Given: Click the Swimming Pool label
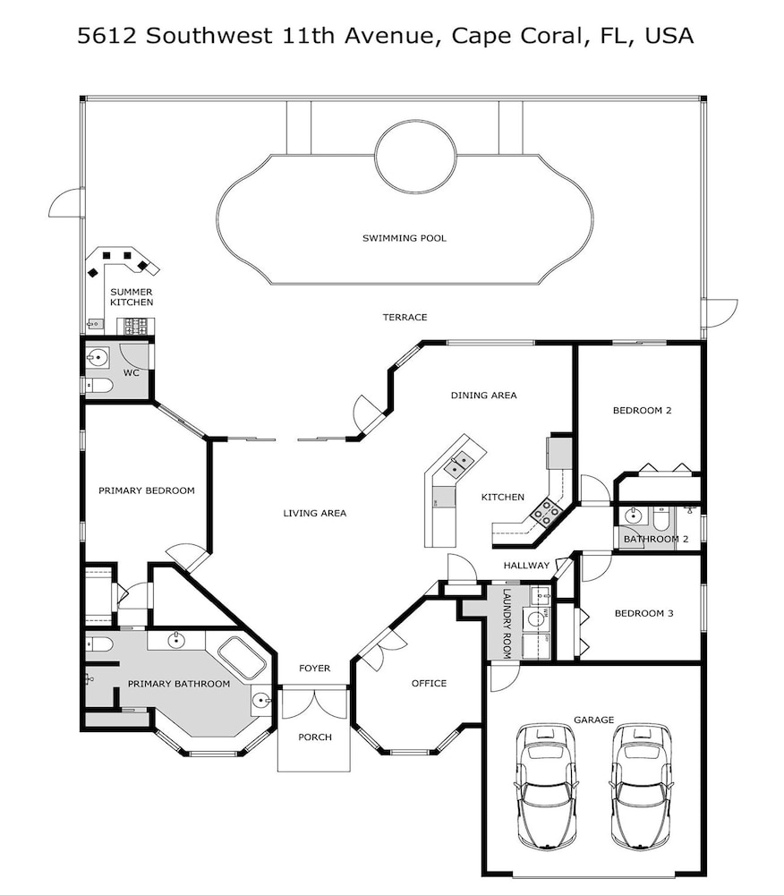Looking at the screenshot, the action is click(x=404, y=238).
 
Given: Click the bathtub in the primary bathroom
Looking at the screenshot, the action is click(x=242, y=657).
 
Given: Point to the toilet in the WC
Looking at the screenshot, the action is click(x=98, y=386).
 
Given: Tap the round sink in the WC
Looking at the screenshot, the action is click(x=97, y=359).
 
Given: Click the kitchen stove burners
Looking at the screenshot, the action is click(x=547, y=512).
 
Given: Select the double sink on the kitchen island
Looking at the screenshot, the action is click(x=459, y=463).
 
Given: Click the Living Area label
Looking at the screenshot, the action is click(x=314, y=513).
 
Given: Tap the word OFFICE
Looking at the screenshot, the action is click(x=429, y=683).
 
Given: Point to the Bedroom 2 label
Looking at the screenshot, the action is click(x=642, y=410).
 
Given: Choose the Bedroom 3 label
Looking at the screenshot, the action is click(x=643, y=613).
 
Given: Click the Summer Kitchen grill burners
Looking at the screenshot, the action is click(x=135, y=326).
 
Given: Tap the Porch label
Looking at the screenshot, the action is click(x=315, y=737).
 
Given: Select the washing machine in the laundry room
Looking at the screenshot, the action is click(x=536, y=618).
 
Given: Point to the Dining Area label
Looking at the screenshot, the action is click(x=484, y=395).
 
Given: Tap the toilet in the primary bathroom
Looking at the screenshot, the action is click(x=99, y=644).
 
